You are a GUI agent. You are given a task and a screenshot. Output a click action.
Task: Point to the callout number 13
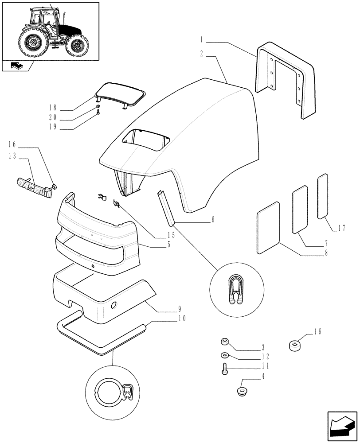tap(12, 155)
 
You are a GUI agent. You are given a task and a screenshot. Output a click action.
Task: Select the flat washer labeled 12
tap(224, 355)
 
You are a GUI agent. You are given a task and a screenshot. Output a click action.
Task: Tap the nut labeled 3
tap(224, 341)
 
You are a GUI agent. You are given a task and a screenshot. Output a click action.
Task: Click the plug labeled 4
tap(242, 391)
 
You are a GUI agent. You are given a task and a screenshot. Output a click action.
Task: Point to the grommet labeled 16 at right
tap(294, 346)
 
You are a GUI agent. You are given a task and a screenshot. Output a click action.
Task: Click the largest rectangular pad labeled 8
tap(268, 228)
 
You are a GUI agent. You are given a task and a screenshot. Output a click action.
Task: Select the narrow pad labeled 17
tap(322, 197)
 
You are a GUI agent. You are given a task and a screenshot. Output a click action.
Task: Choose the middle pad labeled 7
tap(300, 209)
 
